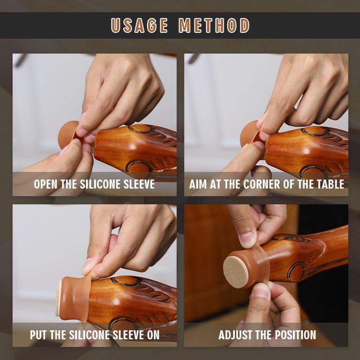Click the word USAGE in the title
click(x=139, y=25)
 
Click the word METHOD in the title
click(x=214, y=25)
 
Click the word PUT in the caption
click(x=39, y=335)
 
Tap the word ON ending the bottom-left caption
click(x=153, y=335)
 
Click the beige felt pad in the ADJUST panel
click(x=235, y=272)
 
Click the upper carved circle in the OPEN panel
click(x=142, y=128)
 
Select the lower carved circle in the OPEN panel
click(x=139, y=166)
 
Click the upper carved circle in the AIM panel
click(x=316, y=131)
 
